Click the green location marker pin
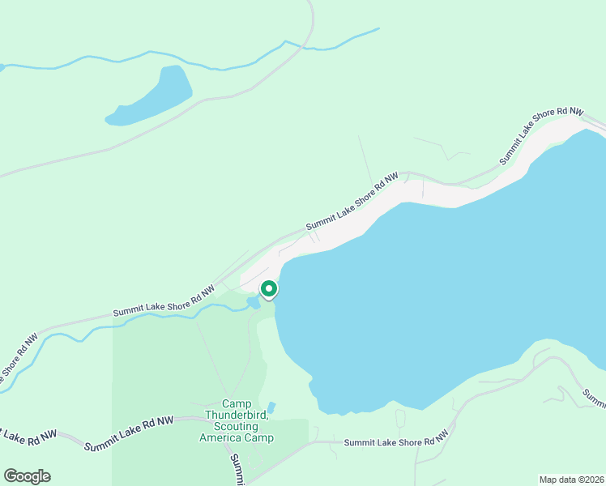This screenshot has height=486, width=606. pyautogui.click(x=268, y=290)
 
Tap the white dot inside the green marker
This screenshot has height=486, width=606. pyautogui.click(x=268, y=288)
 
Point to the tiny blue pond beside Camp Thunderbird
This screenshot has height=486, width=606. pyautogui.click(x=271, y=407)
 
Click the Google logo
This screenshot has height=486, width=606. pyautogui.click(x=27, y=476)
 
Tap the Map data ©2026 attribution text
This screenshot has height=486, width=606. pyautogui.click(x=571, y=479)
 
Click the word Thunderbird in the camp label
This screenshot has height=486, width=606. pyautogui.click(x=237, y=416)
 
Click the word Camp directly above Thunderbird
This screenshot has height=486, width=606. pyautogui.click(x=237, y=404)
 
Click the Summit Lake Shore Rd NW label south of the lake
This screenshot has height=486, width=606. pyautogui.click(x=396, y=441)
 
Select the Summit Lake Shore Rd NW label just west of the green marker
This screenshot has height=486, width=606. pyautogui.click(x=164, y=301)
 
